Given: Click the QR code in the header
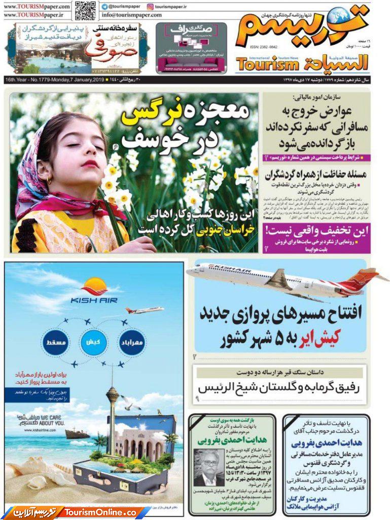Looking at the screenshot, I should (x=86, y=10).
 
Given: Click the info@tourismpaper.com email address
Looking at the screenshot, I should (x=128, y=15).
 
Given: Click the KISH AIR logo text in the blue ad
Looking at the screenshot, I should (x=94, y=300).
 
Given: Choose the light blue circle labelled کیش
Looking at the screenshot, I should (x=93, y=342).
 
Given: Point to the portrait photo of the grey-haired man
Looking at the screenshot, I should (x=208, y=467).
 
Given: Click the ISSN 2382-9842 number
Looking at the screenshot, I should (x=263, y=46).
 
